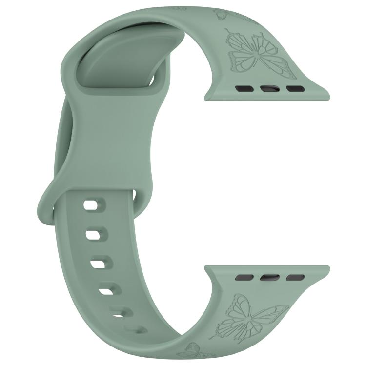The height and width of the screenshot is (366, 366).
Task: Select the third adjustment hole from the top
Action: coord(98,264)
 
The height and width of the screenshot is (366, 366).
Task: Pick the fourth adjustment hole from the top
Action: coord(106,291)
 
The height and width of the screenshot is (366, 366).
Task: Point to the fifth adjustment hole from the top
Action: coord(119,311)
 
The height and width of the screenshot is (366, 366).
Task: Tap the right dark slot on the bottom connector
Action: coord(294,277)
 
